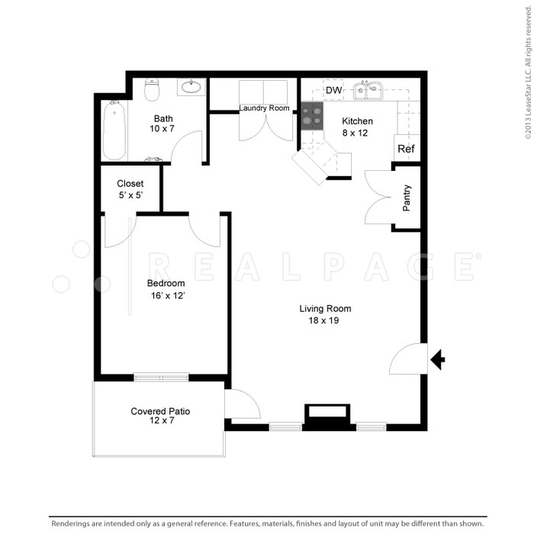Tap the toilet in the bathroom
[x=152, y=90]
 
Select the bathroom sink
[x=191, y=87]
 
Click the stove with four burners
[x=311, y=117]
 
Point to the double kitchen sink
[x=369, y=92]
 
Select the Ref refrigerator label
[x=406, y=149]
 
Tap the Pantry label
[x=407, y=198]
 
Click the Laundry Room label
[x=264, y=108]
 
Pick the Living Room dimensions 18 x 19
[x=325, y=320]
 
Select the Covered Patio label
[x=160, y=411]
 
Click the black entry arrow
[x=438, y=359]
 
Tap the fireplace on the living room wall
[x=327, y=415]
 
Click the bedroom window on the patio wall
[x=161, y=376]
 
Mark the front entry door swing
[x=408, y=359]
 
